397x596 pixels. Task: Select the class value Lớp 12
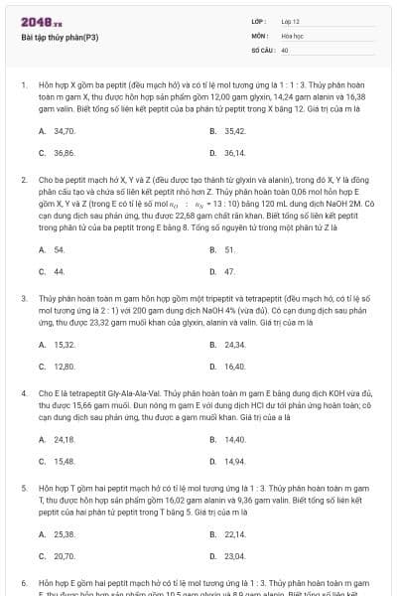[x=291, y=21]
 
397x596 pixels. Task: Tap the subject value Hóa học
[x=292, y=35]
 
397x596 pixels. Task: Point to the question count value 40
[x=285, y=49]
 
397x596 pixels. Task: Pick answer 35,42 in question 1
[x=234, y=130]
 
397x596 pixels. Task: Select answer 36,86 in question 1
[x=65, y=152]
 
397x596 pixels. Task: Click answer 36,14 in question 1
[x=234, y=152]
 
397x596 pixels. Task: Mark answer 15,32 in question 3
[x=65, y=345]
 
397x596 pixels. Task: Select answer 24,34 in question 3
[x=234, y=345]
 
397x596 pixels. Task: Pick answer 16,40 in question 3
[x=234, y=367]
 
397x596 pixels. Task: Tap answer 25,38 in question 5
[x=65, y=533]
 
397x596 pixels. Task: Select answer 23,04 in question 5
[x=234, y=555]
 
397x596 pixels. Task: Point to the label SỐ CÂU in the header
[x=262, y=49]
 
